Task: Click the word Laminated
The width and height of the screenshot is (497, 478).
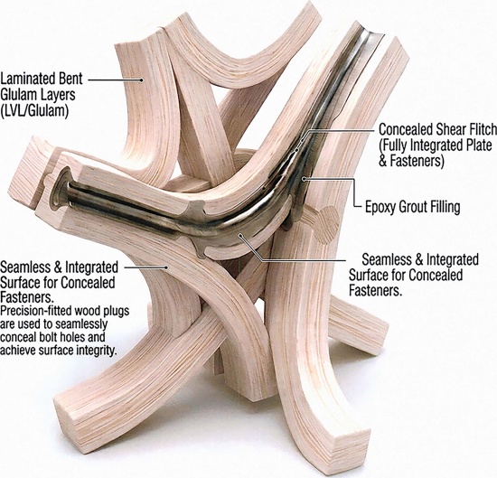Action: click(x=27, y=79)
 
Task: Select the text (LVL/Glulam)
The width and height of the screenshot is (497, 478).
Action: click(x=34, y=111)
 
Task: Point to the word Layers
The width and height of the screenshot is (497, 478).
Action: click(x=55, y=95)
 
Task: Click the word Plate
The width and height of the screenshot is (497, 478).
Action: click(x=478, y=145)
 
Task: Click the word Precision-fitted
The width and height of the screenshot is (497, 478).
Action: click(x=36, y=311)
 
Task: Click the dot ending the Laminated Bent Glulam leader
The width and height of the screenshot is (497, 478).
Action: click(x=141, y=80)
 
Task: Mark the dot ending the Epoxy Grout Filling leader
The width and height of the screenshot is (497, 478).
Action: click(x=304, y=179)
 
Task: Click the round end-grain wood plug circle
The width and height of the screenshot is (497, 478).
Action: click(x=327, y=225)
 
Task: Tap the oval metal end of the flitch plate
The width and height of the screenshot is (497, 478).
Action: click(x=59, y=189)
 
